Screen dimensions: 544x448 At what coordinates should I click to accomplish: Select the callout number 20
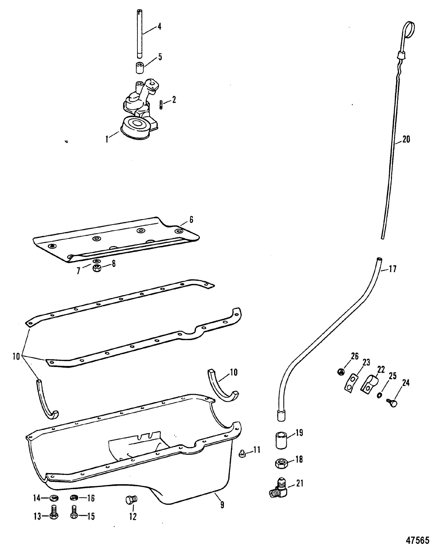(406, 140)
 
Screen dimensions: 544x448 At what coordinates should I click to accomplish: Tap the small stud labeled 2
(161, 105)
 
